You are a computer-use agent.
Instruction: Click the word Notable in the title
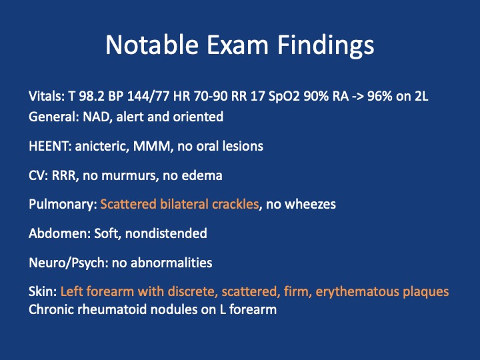[x=152, y=45]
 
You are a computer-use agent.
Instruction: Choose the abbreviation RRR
[x=64, y=176]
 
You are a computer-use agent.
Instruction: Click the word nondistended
[x=166, y=233]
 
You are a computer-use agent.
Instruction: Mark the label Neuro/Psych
[x=67, y=263]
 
